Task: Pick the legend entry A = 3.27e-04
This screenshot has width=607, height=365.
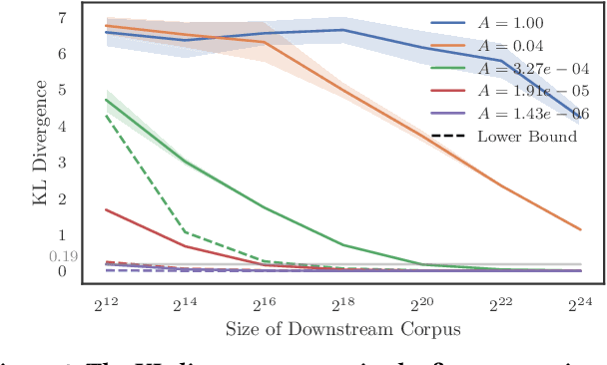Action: tap(520, 68)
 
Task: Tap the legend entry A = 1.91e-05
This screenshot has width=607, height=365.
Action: tap(520, 91)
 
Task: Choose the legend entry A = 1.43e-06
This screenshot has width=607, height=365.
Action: tap(520, 114)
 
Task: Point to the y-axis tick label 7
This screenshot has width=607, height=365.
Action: tap(62, 18)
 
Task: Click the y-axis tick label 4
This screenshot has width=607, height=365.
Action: tap(62, 127)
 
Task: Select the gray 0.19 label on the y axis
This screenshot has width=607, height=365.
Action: tap(62, 256)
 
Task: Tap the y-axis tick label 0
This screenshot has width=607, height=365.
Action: tap(62, 271)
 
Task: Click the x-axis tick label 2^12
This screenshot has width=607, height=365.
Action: tap(108, 300)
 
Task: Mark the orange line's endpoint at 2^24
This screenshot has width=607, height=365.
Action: tap(580, 229)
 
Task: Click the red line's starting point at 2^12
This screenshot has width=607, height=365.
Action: tap(106, 209)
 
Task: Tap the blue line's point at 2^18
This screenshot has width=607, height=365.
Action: tap(342, 30)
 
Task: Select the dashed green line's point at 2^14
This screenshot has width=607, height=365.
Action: tap(185, 232)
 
